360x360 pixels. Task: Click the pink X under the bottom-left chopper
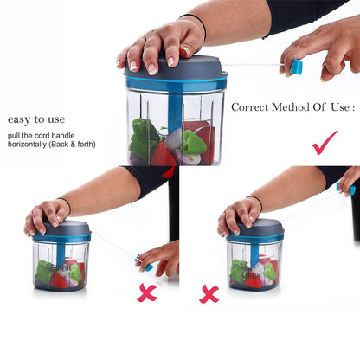(146, 293)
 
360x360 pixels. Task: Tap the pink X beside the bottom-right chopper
(209, 294)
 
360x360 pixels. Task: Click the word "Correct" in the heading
(250, 107)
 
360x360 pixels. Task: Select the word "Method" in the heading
(291, 107)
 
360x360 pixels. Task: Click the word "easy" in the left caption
(19, 119)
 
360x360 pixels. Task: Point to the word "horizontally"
(28, 145)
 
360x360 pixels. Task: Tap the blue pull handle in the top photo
(296, 67)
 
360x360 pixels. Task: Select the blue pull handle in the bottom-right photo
(345, 188)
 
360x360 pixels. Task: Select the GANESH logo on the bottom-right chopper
(251, 275)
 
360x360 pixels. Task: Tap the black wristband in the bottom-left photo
(66, 204)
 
